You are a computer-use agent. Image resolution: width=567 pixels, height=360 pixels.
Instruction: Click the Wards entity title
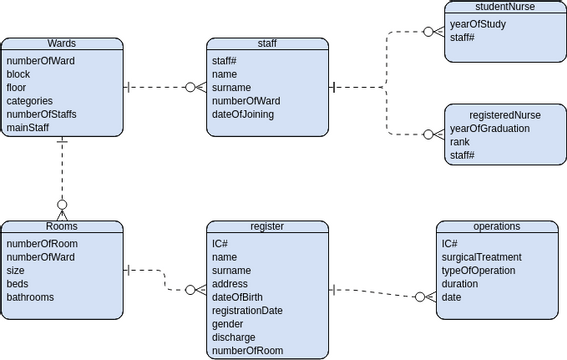(x=62, y=44)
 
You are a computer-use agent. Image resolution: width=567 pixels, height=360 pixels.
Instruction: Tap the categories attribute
(x=31, y=100)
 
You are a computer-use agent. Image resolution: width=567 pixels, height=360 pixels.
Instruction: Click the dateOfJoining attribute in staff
(x=243, y=114)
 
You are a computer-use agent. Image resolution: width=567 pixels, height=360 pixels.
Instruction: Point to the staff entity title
(x=267, y=44)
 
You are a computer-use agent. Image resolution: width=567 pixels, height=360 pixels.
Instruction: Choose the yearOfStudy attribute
(x=477, y=24)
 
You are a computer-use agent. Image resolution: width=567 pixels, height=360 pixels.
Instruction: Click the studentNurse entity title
(x=505, y=6)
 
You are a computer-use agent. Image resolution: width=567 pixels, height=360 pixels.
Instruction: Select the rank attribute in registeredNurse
(x=460, y=141)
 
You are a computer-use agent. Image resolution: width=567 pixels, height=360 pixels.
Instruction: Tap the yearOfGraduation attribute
(x=490, y=128)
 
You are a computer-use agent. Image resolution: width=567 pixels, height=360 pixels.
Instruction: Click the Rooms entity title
(x=62, y=227)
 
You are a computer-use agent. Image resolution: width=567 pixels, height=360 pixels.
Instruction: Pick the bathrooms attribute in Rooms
(x=30, y=297)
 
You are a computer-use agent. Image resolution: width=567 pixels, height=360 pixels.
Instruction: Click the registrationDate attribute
(x=247, y=310)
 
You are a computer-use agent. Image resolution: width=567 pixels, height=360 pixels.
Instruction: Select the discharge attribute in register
(x=232, y=337)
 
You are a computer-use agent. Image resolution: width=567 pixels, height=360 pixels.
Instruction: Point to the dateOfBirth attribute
(x=236, y=297)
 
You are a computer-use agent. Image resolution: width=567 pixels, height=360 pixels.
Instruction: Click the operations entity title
(x=496, y=227)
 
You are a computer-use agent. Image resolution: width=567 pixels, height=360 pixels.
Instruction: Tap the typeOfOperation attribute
(x=478, y=270)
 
